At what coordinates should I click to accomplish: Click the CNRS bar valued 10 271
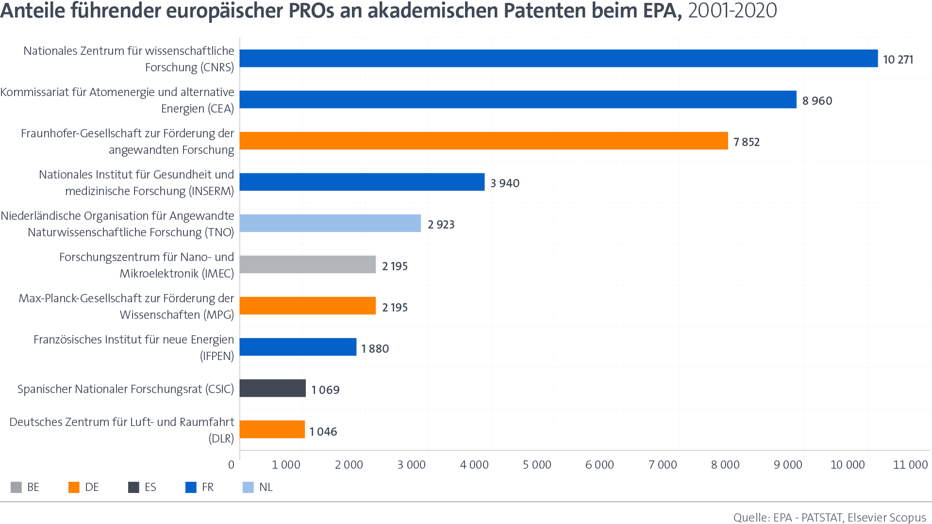pos(558,58)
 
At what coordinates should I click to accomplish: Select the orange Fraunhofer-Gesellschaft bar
pos(483,141)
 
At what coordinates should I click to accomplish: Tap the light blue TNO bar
pos(330,223)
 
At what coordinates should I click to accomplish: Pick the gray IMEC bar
pos(308,264)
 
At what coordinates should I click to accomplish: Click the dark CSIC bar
pos(272,388)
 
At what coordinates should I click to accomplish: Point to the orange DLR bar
pos(272,429)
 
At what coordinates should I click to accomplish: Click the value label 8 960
pos(817,101)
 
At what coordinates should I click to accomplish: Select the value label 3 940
pos(505,183)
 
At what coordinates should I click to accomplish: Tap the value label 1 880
pos(375,349)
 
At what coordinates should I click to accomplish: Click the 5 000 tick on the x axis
pos(537,465)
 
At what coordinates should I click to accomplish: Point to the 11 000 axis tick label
pos(910,465)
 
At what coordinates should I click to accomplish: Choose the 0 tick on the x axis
pos(232,465)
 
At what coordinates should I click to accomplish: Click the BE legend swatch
pos(16,487)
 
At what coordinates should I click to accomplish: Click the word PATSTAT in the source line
pos(822,518)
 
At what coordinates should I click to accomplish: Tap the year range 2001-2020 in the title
pos(732,11)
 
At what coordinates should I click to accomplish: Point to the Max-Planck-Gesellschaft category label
pos(126,306)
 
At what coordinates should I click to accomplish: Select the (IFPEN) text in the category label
pos(217,356)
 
